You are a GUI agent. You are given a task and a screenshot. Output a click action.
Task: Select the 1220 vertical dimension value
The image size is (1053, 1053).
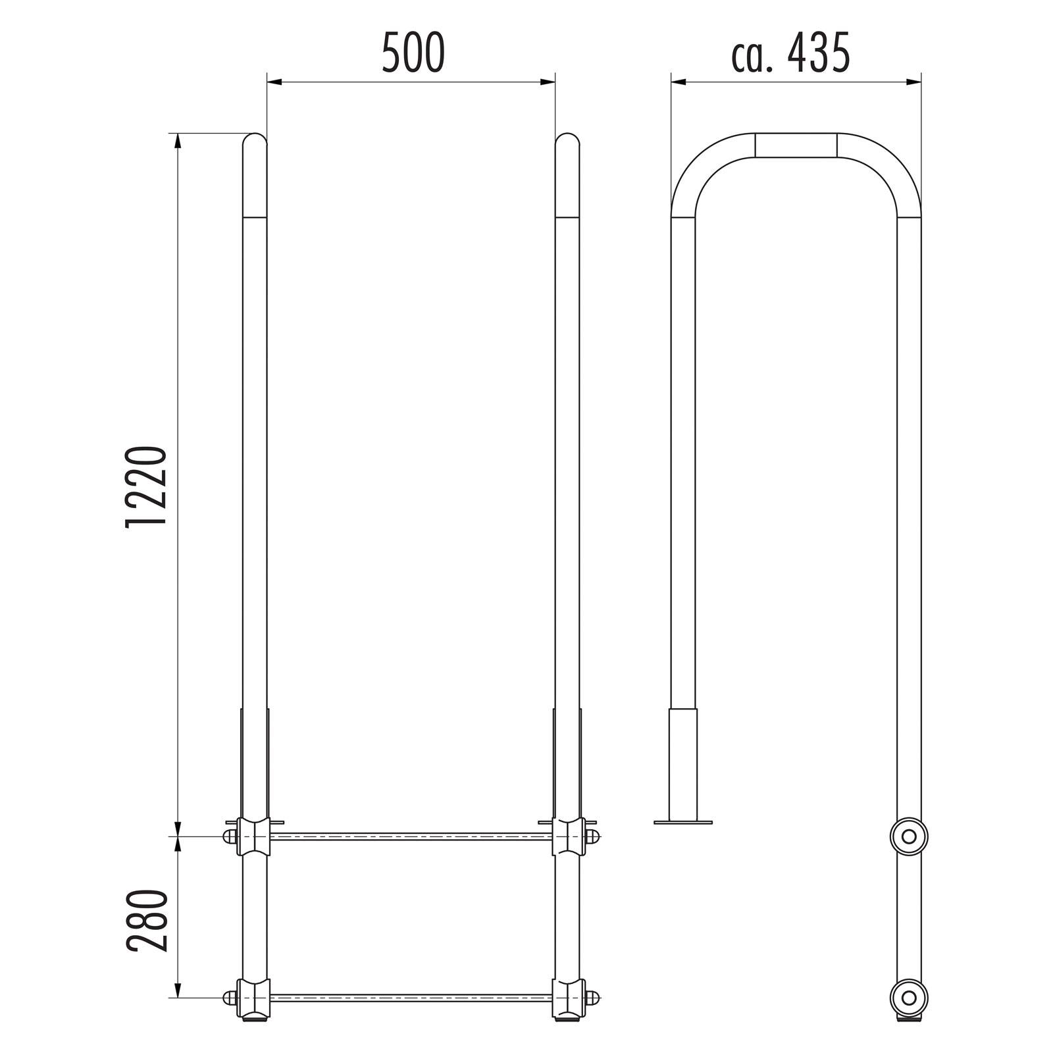pyautogui.click(x=145, y=486)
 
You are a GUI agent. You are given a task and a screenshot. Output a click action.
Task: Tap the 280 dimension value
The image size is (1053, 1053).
pyautogui.click(x=145, y=921)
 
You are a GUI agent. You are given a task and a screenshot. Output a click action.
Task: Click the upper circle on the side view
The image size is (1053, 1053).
pyautogui.click(x=909, y=836)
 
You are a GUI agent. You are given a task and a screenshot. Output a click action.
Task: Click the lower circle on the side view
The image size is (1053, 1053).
pyautogui.click(x=909, y=998)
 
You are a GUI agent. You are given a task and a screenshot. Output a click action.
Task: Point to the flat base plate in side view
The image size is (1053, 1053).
pyautogui.click(x=683, y=822)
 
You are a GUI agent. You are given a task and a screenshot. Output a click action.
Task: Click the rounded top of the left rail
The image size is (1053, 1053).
pyautogui.click(x=255, y=141)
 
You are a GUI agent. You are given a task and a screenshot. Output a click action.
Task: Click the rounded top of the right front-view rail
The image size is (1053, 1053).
pyautogui.click(x=567, y=141)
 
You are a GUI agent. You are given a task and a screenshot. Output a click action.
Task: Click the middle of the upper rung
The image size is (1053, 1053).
pyautogui.click(x=411, y=837)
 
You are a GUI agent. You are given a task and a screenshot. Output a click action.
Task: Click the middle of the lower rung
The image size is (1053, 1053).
pyautogui.click(x=411, y=998)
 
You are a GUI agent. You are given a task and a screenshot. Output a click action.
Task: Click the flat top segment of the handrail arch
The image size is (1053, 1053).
pyautogui.click(x=796, y=145)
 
